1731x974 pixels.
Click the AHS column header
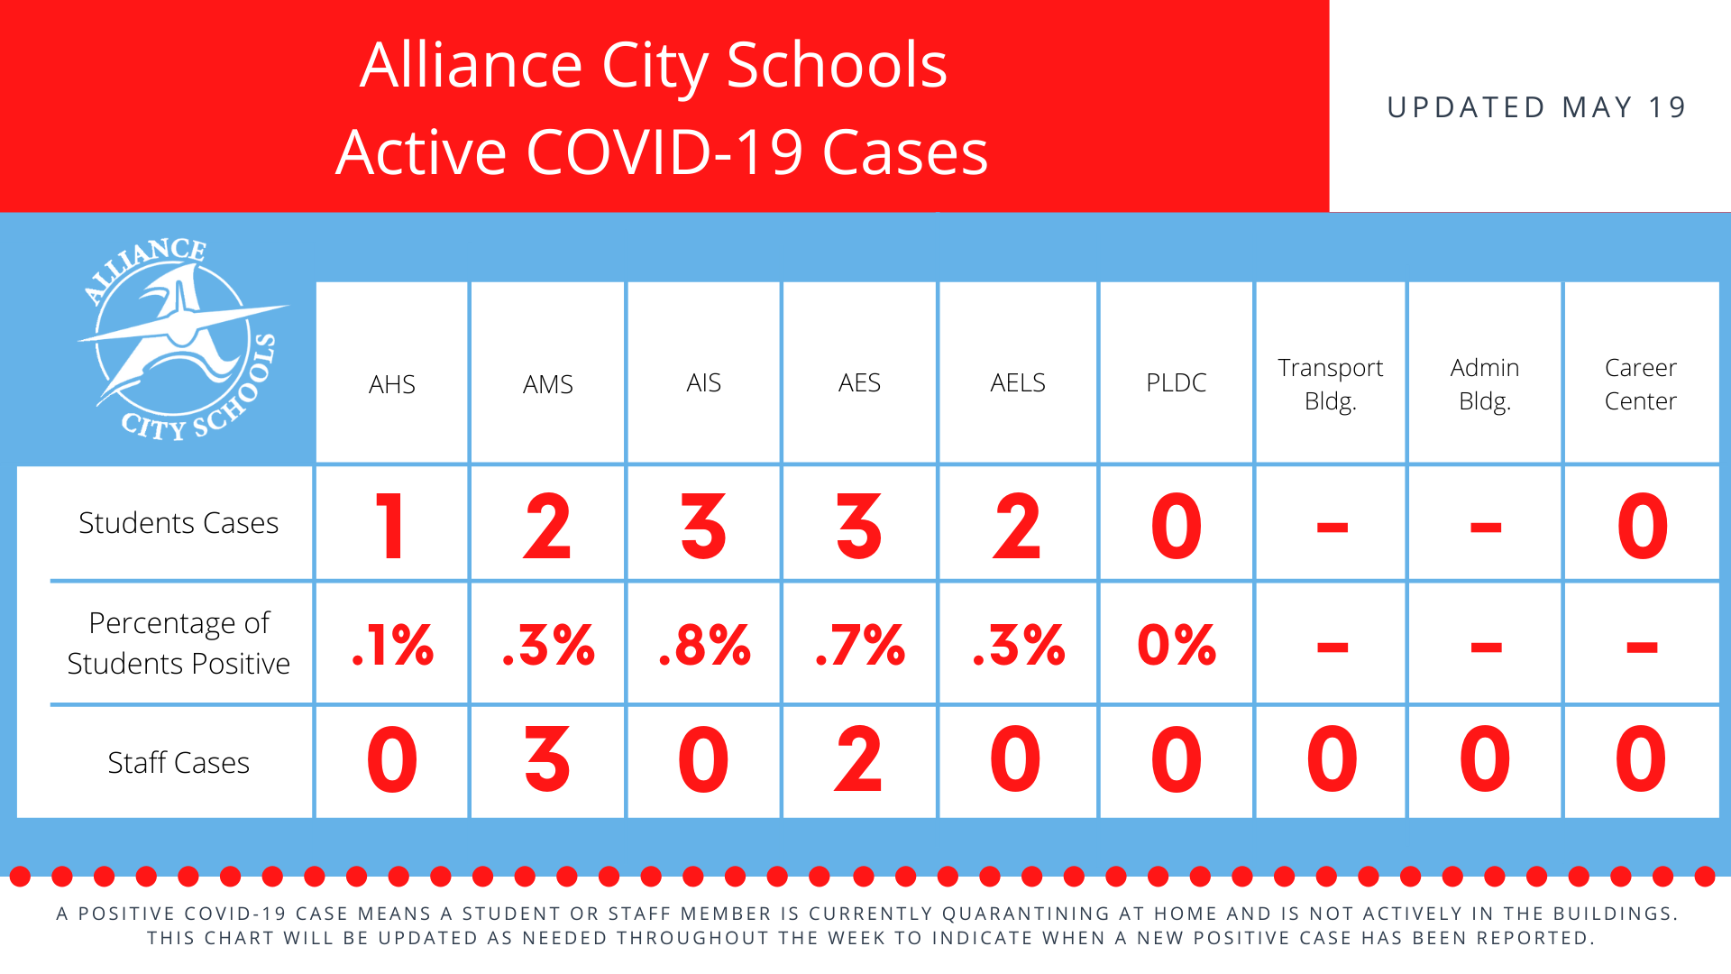point(392,384)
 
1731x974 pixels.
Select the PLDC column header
point(1176,382)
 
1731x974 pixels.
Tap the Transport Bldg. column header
point(1330,384)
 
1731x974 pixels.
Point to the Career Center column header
point(1640,384)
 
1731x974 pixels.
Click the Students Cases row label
point(179,523)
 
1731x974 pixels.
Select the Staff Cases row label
point(179,763)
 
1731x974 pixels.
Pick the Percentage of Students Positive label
point(179,643)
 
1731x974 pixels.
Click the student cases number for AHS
point(390,526)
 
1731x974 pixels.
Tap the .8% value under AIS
point(704,645)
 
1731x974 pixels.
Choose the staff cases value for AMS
point(547,759)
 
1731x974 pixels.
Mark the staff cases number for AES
point(858,759)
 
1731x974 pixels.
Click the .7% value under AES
point(860,645)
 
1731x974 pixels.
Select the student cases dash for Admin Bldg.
point(1486,528)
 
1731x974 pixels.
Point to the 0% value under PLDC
point(1177,645)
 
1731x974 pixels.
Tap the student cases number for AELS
point(1017,526)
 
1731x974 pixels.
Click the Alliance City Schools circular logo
point(179,339)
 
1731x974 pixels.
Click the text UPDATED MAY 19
point(1536,107)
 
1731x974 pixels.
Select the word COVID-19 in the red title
point(664,152)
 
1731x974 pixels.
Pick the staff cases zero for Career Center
point(1641,759)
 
